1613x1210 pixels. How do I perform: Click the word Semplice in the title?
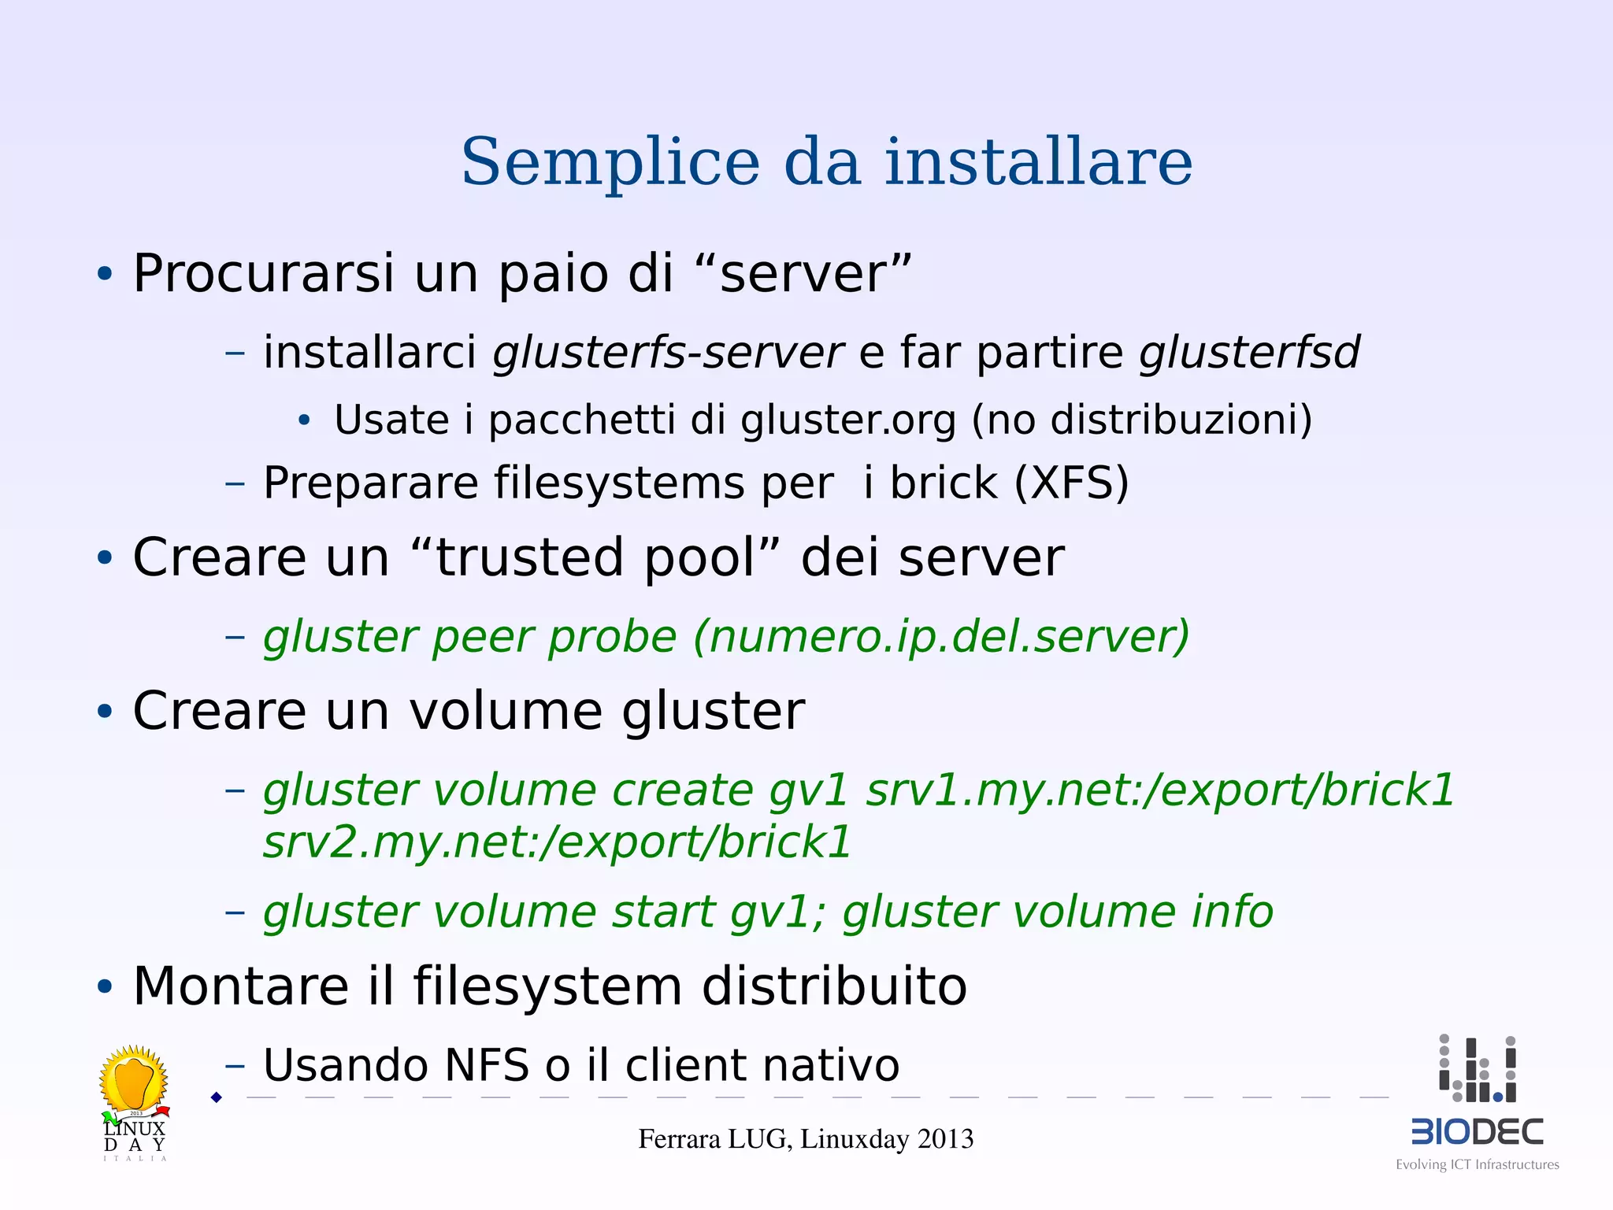click(610, 163)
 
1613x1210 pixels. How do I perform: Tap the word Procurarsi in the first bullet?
click(263, 274)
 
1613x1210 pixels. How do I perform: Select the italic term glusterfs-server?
click(668, 353)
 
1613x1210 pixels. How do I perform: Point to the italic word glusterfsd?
click(1249, 353)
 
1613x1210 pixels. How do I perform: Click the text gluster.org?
click(847, 420)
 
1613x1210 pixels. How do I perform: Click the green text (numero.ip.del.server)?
click(941, 637)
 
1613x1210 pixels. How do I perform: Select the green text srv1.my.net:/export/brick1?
click(1159, 790)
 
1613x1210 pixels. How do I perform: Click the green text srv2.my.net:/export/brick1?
click(557, 842)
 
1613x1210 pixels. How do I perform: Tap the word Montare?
click(241, 986)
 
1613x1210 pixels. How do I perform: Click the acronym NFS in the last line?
click(486, 1066)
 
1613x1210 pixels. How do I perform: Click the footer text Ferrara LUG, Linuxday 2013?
click(806, 1139)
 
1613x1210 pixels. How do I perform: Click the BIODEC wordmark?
click(1477, 1132)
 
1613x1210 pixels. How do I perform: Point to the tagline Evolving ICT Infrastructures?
click(1477, 1165)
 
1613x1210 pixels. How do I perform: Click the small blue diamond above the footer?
click(217, 1097)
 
